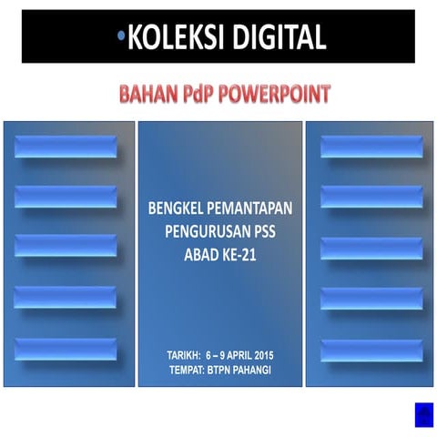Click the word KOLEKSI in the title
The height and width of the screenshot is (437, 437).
click(171, 37)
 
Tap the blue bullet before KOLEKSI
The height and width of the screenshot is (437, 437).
click(121, 36)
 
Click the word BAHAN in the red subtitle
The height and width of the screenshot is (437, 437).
click(145, 94)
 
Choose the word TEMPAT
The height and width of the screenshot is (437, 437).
click(189, 369)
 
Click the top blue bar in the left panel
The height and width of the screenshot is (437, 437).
click(66, 147)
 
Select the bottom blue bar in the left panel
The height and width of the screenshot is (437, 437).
click(66, 349)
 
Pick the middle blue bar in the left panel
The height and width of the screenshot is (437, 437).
click(66, 246)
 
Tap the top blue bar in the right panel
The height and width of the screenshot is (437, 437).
click(371, 147)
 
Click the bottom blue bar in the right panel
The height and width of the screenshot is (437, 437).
click(371, 350)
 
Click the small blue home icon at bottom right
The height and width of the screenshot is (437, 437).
click(423, 414)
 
